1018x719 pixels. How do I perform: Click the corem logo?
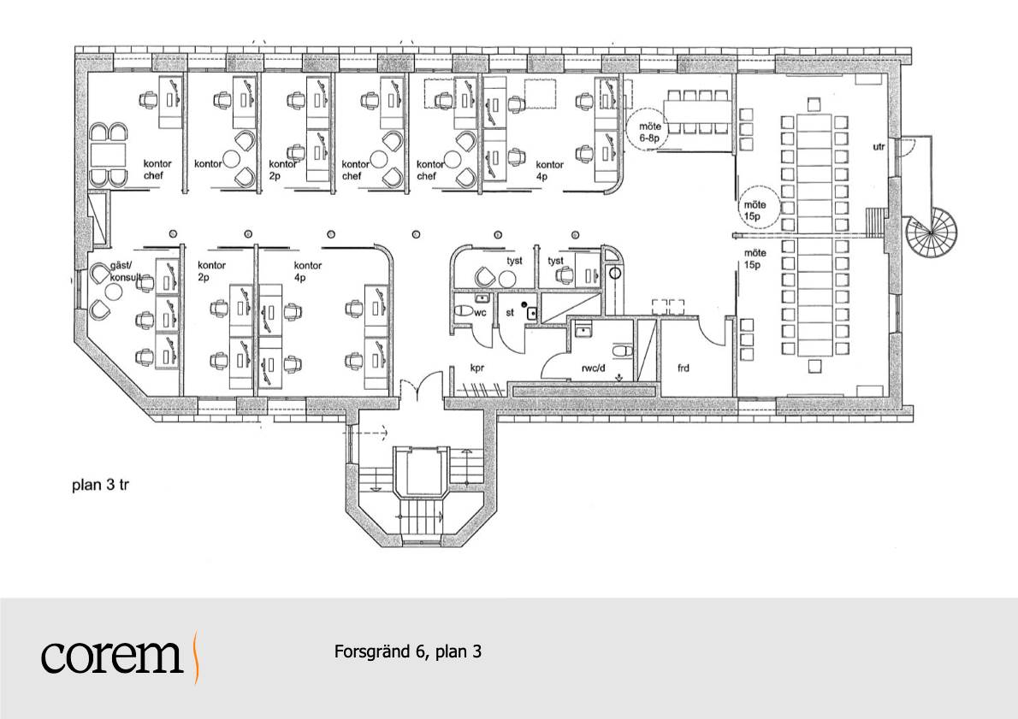coord(121,657)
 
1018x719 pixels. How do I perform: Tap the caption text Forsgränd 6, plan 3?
coord(408,651)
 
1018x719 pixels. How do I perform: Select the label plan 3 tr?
coord(101,485)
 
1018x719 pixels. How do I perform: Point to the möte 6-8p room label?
coord(649,133)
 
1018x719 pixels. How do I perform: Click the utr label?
coord(879,147)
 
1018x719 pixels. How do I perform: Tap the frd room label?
coord(683,368)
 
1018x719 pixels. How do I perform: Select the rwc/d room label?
coord(594,368)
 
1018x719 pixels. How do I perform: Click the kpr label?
coord(477,368)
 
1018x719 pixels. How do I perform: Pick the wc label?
coord(481,313)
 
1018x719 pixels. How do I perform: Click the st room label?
coord(510,313)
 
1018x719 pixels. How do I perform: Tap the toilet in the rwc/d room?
coord(624,351)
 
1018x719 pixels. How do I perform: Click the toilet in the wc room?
coord(464,311)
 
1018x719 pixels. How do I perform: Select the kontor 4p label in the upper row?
coord(549,170)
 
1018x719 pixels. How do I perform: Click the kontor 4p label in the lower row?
coord(308,271)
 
